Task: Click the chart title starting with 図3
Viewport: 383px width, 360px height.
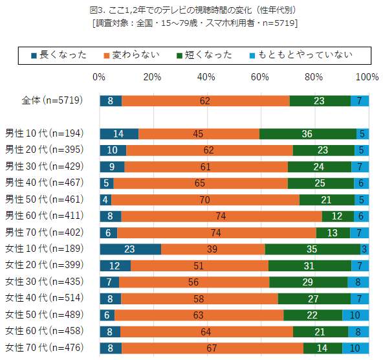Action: coord(191,10)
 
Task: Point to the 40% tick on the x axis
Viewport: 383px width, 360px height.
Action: coord(206,77)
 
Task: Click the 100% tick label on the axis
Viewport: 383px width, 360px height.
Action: coord(367,77)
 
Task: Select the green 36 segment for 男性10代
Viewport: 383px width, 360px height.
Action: coord(308,134)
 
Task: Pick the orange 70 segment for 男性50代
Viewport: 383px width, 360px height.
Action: coord(205,200)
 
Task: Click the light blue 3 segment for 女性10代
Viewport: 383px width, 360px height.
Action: coord(365,249)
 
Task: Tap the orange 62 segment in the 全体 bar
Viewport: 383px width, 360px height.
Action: coord(205,100)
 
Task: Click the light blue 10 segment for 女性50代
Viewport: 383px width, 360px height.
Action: coord(356,315)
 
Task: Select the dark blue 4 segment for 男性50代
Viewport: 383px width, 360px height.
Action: coord(105,200)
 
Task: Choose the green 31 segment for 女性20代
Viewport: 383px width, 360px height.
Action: coord(310,266)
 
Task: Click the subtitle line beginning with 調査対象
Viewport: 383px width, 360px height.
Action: coord(191,23)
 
